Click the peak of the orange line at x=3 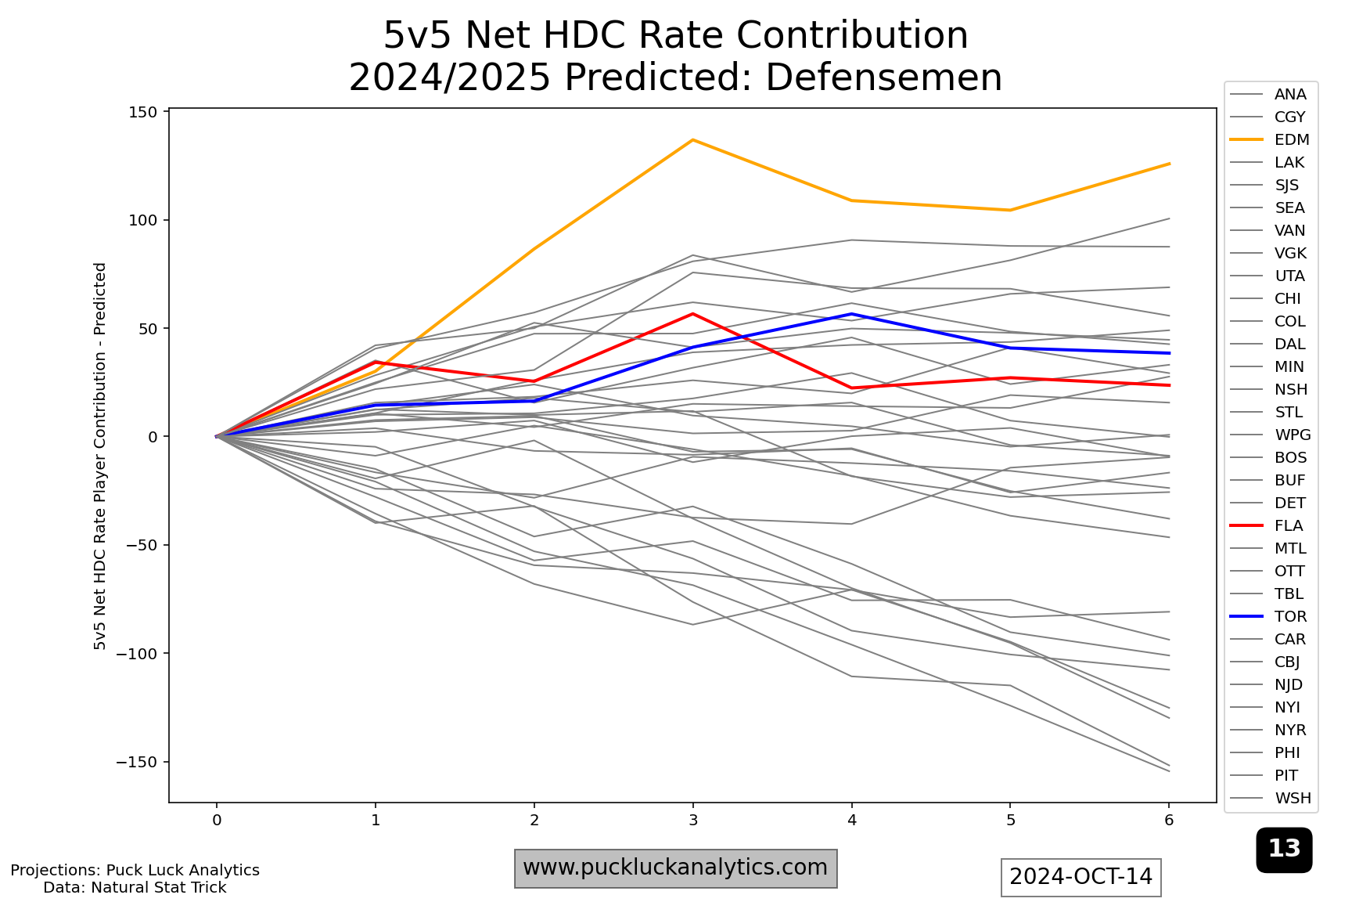pos(692,140)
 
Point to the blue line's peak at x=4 pos(851,314)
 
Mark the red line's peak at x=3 pos(692,314)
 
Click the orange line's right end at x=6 pos(1169,164)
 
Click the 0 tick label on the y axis pos(153,436)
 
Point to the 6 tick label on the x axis pos(1169,820)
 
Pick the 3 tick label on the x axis pos(692,820)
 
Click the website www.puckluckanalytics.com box pos(675,868)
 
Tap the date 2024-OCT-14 pos(1081,876)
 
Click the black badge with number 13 pos(1284,849)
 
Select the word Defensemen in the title pos(884,78)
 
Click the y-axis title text pos(100,456)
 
